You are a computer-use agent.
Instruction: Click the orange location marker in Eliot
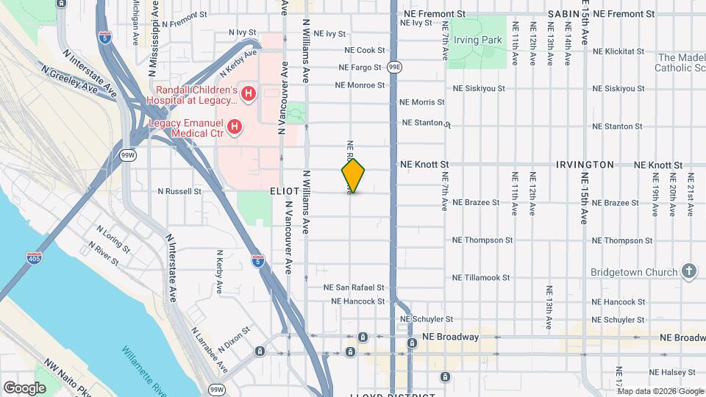click(x=353, y=176)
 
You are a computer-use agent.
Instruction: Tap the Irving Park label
click(x=477, y=40)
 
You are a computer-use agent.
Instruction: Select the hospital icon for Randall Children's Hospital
click(x=249, y=93)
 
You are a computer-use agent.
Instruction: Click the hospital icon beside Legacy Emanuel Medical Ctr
click(x=234, y=128)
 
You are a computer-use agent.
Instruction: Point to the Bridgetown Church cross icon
click(x=688, y=271)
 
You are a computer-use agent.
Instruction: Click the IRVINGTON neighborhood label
click(x=585, y=165)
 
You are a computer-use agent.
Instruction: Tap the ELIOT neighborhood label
click(x=284, y=191)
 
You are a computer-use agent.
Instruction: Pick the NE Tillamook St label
click(x=482, y=278)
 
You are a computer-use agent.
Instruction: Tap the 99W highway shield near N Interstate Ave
click(x=127, y=155)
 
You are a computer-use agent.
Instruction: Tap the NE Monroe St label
click(x=360, y=85)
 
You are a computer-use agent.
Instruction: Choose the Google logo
click(x=24, y=387)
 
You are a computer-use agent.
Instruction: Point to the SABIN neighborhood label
click(x=564, y=14)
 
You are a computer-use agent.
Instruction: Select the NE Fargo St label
click(x=360, y=68)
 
